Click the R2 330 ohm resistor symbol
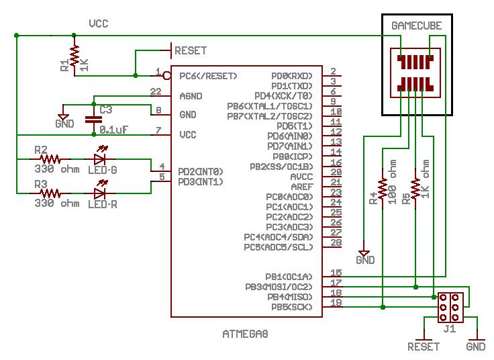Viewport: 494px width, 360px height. [x=50, y=159]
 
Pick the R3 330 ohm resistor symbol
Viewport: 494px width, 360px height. [x=50, y=193]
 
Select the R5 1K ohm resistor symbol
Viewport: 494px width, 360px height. [x=416, y=188]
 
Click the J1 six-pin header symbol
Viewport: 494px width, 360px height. [x=448, y=307]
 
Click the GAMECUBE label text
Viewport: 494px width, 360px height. [x=417, y=26]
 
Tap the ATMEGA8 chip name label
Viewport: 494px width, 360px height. [x=245, y=333]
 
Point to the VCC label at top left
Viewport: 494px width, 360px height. [x=99, y=24]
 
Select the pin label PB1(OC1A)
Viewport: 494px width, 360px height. [x=289, y=276]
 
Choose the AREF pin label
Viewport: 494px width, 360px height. [x=301, y=186]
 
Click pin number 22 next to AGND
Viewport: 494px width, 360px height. [x=156, y=91]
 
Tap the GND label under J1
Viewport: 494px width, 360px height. [x=476, y=347]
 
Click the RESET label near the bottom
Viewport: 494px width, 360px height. [x=424, y=347]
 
